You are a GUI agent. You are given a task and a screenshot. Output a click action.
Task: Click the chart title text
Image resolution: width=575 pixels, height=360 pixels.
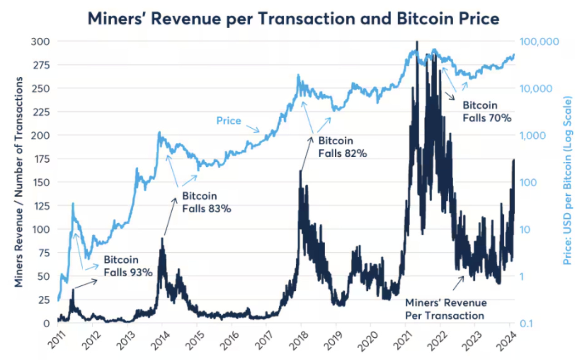pyautogui.click(x=293, y=19)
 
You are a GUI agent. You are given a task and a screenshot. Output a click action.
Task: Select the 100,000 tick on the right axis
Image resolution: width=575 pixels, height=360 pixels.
pyautogui.click(x=539, y=41)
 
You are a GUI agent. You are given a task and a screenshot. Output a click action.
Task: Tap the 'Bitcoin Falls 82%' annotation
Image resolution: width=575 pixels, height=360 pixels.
pyautogui.click(x=342, y=147)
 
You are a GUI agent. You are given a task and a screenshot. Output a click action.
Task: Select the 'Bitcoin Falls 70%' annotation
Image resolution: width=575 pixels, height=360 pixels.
pyautogui.click(x=487, y=111)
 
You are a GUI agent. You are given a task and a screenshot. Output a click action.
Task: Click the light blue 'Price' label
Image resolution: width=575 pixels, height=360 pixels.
pyautogui.click(x=228, y=121)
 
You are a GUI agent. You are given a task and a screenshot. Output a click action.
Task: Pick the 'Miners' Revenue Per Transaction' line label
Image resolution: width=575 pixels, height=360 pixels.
pyautogui.click(x=446, y=309)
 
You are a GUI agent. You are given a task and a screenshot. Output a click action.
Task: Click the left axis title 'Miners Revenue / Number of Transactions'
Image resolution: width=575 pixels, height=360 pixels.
pyautogui.click(x=19, y=182)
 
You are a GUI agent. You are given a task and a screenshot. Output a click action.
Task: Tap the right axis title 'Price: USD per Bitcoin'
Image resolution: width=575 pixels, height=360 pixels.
pyautogui.click(x=567, y=182)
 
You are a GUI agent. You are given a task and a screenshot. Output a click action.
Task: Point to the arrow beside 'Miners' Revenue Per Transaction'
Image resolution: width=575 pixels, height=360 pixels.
pyautogui.click(x=457, y=283)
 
